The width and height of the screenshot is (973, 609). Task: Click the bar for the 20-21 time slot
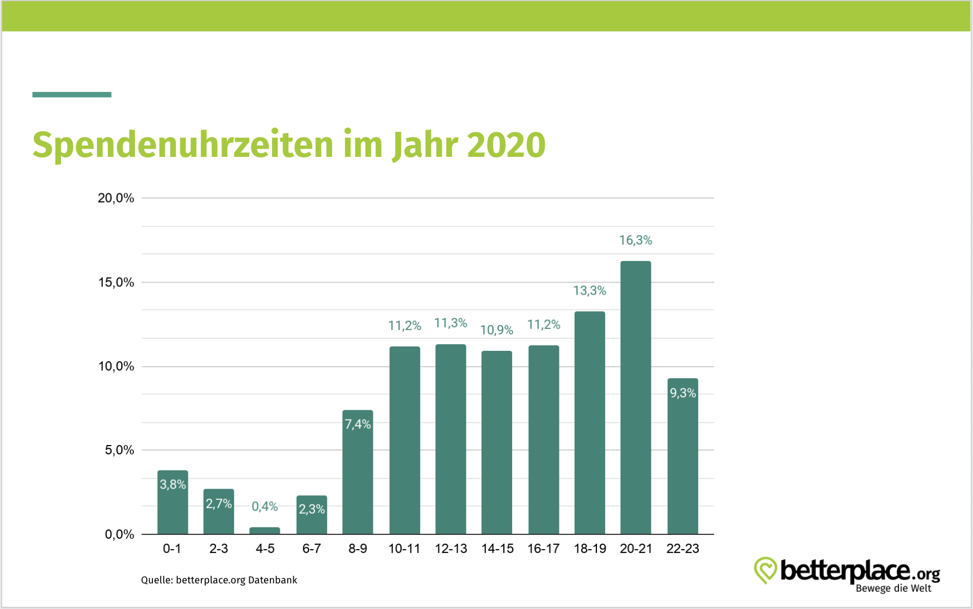pyautogui.click(x=636, y=398)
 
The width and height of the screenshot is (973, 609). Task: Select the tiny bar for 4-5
pyautogui.click(x=264, y=531)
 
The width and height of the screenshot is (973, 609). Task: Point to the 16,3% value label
pyautogui.click(x=636, y=240)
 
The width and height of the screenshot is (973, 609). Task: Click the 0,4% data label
pyautogui.click(x=264, y=507)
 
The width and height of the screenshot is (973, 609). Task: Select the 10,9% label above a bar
pyautogui.click(x=496, y=330)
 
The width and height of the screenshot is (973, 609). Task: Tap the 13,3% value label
pyautogui.click(x=589, y=291)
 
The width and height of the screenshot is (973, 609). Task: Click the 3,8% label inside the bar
pyautogui.click(x=173, y=484)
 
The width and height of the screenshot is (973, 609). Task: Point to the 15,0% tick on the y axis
pyautogui.click(x=116, y=282)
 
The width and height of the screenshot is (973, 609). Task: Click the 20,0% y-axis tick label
pyautogui.click(x=116, y=198)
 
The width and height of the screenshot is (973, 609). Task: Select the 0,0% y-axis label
pyautogui.click(x=119, y=534)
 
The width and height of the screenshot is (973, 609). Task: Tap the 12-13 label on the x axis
pyautogui.click(x=451, y=549)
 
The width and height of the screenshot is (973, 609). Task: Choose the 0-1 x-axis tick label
pyautogui.click(x=172, y=549)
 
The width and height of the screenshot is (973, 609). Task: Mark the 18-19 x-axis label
pyautogui.click(x=590, y=549)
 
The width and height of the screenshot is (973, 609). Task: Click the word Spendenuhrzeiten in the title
pyautogui.click(x=183, y=145)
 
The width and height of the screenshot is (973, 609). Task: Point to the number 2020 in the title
pyautogui.click(x=506, y=145)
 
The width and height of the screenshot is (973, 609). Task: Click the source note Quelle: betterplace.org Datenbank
pyautogui.click(x=219, y=580)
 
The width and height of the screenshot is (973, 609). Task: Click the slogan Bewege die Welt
pyautogui.click(x=893, y=588)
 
